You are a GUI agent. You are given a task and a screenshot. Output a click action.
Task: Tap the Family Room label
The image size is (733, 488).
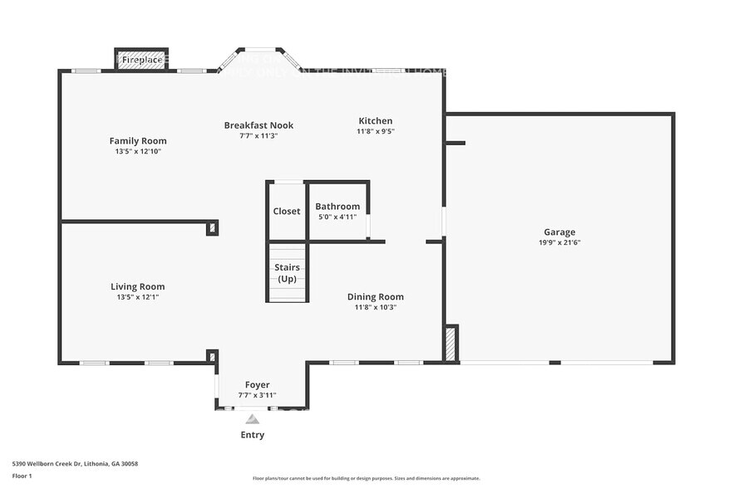coord(138,141)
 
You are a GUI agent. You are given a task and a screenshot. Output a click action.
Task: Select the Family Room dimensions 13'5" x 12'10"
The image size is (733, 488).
coord(138,152)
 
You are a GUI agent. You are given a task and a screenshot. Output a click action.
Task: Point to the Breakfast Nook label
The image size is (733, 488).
coord(258,125)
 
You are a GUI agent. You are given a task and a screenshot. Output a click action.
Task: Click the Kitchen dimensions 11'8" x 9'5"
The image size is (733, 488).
coord(376,131)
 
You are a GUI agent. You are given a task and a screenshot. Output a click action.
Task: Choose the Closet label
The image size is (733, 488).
coord(287,212)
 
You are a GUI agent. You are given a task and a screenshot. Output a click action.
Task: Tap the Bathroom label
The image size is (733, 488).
coord(337,207)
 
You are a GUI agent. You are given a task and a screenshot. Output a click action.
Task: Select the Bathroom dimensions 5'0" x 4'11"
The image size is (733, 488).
coord(337,217)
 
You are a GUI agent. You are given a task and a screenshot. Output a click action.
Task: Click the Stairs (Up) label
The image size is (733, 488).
coord(288,273)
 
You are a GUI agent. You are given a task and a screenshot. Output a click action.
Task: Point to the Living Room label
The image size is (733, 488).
coord(138,287)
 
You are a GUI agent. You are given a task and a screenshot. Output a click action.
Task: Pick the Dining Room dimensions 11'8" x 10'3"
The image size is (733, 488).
coord(376,307)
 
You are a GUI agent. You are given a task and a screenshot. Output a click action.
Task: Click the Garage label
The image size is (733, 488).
coord(559,232)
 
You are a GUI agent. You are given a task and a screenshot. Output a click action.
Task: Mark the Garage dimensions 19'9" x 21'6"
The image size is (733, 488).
coord(559,243)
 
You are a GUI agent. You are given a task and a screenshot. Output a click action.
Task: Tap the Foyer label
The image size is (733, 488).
coord(258,385)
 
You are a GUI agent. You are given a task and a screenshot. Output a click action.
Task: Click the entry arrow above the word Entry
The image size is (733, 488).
coord(253,420)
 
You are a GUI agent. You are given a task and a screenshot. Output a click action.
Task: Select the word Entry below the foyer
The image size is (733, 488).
coord(253,435)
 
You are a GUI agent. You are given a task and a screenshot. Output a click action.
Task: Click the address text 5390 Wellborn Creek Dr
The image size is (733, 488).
coord(75,464)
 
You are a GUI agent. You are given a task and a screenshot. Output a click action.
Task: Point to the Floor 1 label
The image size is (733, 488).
coord(22,476)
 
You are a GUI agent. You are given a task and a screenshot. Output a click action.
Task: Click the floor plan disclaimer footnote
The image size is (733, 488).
coord(366,478)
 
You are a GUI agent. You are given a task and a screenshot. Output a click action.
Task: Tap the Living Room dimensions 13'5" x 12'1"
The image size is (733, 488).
coord(138,297)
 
